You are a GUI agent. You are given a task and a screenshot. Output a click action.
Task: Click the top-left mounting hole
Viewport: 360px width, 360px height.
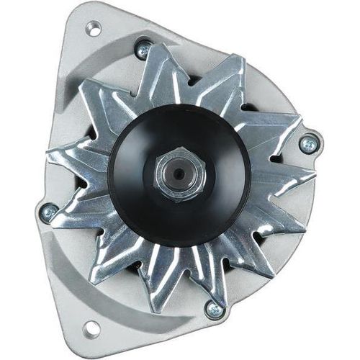point(93,30)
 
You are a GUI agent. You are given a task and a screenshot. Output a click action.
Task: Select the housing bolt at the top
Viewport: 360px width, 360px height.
point(143,49)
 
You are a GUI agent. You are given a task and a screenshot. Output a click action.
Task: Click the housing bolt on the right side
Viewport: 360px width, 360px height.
point(308,144)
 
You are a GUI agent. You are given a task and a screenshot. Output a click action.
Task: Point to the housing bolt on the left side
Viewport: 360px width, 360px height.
point(49,212)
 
